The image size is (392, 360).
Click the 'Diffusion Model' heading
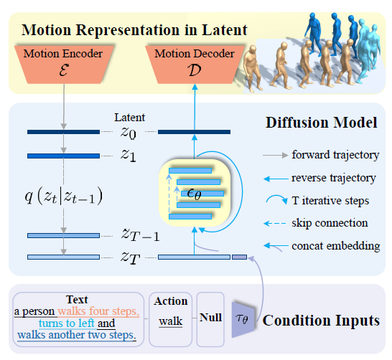tap(322, 123)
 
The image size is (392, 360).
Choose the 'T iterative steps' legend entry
tap(331, 200)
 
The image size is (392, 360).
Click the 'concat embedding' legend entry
tap(334, 246)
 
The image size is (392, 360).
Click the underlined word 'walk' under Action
tap(170, 323)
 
